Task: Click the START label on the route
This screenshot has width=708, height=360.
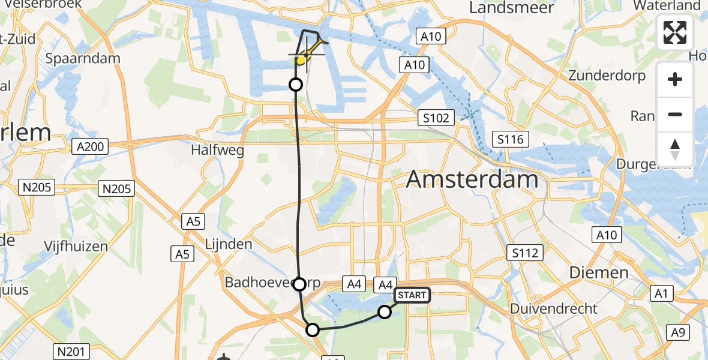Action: tap(412, 295)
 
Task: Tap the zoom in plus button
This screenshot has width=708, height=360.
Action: tap(675, 79)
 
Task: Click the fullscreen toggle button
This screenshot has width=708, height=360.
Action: tap(675, 32)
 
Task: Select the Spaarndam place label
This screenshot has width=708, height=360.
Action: tap(83, 59)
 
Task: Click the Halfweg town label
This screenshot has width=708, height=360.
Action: tap(217, 150)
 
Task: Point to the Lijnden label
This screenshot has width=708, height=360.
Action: tap(228, 245)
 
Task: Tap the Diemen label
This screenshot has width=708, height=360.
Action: tap(599, 273)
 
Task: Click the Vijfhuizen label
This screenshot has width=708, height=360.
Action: tap(76, 246)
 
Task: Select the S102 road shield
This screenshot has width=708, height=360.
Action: tap(436, 118)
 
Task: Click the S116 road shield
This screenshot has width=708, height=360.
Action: tap(510, 140)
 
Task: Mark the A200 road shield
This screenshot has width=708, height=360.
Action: tap(90, 146)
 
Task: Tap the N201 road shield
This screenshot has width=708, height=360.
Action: tap(73, 351)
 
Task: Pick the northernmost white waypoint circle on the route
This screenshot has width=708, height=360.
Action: tap(296, 85)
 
